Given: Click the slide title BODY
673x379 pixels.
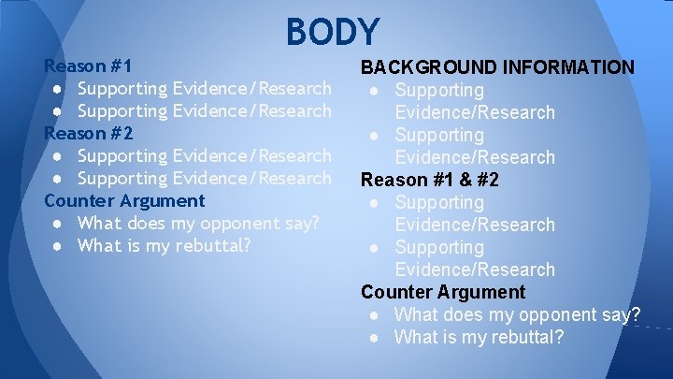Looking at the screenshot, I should click(333, 32).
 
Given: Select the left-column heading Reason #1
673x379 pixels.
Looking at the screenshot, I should click(89, 66).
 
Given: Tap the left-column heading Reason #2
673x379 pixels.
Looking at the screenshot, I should click(89, 133).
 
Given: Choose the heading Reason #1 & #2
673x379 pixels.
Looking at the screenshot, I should click(430, 180).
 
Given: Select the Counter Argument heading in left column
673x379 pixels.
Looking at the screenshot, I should click(124, 200).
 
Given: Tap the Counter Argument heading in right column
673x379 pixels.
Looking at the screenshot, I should click(443, 292).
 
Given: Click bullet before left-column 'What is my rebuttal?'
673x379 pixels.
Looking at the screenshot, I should click(58, 246).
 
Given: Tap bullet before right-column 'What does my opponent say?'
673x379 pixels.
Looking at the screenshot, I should click(374, 315).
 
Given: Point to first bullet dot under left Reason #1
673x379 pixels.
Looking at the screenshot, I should click(58, 89).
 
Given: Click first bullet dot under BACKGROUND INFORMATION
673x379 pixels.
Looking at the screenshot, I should click(374, 91).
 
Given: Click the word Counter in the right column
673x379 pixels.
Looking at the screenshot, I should click(393, 292).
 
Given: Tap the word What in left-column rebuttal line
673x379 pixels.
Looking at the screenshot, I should click(99, 245).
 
